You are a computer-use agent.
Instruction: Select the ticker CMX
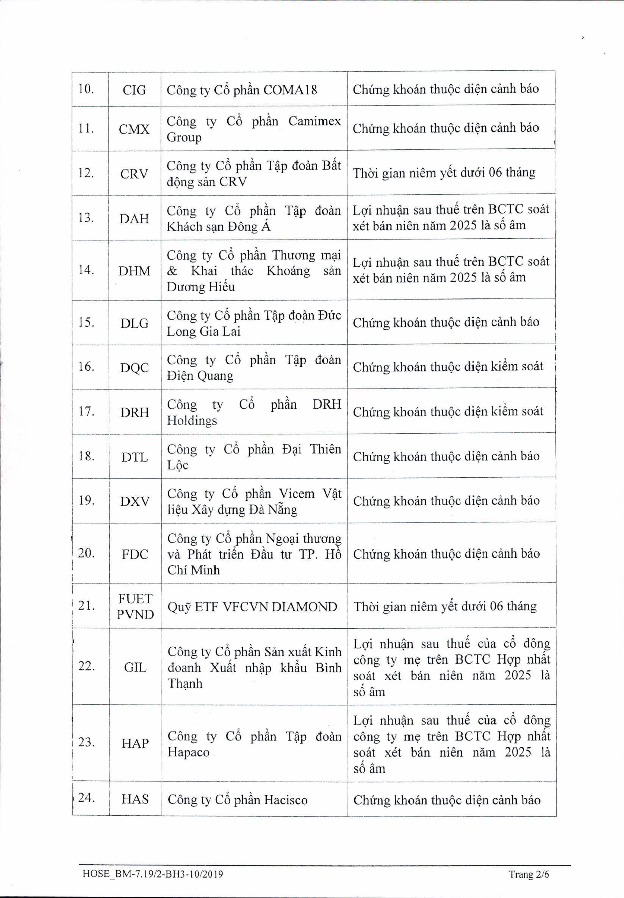tap(134, 129)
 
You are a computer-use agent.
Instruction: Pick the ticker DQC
tap(135, 368)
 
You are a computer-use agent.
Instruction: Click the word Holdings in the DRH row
tap(192, 421)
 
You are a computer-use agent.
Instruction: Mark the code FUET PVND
tap(135, 607)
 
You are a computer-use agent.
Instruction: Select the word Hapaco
tap(188, 752)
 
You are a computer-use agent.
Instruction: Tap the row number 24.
tap(87, 798)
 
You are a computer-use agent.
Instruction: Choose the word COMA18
tap(290, 90)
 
